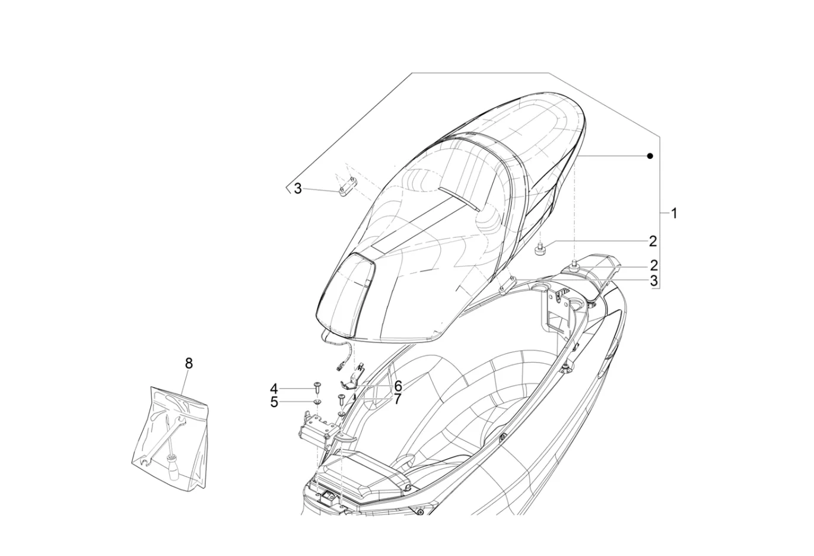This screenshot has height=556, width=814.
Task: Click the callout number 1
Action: click(674, 213)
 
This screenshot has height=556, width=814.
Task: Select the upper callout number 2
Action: click(653, 242)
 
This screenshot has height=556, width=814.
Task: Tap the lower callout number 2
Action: click(654, 266)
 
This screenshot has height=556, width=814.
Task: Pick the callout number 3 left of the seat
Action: click(298, 189)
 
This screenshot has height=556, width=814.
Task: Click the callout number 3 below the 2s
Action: click(654, 281)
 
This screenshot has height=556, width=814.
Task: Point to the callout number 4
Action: click(274, 389)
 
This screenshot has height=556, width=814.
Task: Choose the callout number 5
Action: click(274, 402)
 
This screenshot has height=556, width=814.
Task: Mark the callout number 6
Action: click(398, 386)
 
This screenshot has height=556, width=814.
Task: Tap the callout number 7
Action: click(397, 399)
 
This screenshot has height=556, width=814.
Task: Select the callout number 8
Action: click(189, 363)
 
